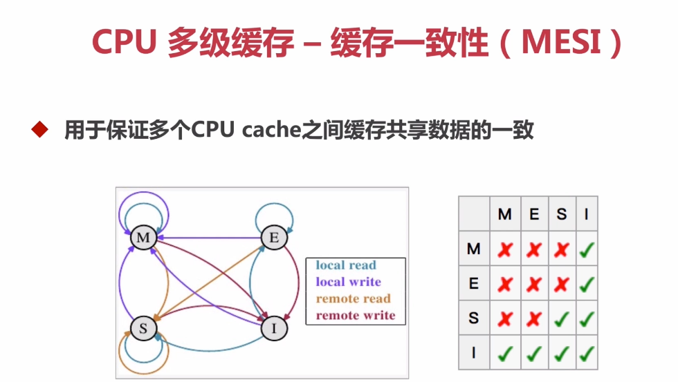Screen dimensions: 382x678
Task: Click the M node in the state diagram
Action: [x=143, y=238]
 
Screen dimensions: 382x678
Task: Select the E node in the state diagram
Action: [x=274, y=238]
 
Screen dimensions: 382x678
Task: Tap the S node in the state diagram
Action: [x=143, y=328]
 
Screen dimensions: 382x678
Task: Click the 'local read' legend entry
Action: [x=346, y=265]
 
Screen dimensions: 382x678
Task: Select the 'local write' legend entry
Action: [x=348, y=282]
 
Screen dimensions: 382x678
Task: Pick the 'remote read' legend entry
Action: [x=353, y=298]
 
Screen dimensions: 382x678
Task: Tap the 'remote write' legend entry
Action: [x=355, y=315]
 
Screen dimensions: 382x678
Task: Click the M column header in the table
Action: [x=505, y=214]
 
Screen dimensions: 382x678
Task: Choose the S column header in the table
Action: [x=562, y=214]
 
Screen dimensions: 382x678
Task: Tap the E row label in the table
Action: [x=474, y=284]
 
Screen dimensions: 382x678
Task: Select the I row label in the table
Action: [x=474, y=353]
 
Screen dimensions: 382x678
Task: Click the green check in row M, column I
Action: [x=587, y=249]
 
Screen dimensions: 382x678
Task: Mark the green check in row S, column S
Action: [x=562, y=318]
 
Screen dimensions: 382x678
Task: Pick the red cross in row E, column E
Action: [x=533, y=284]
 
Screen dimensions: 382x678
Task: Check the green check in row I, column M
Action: [x=505, y=353]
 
